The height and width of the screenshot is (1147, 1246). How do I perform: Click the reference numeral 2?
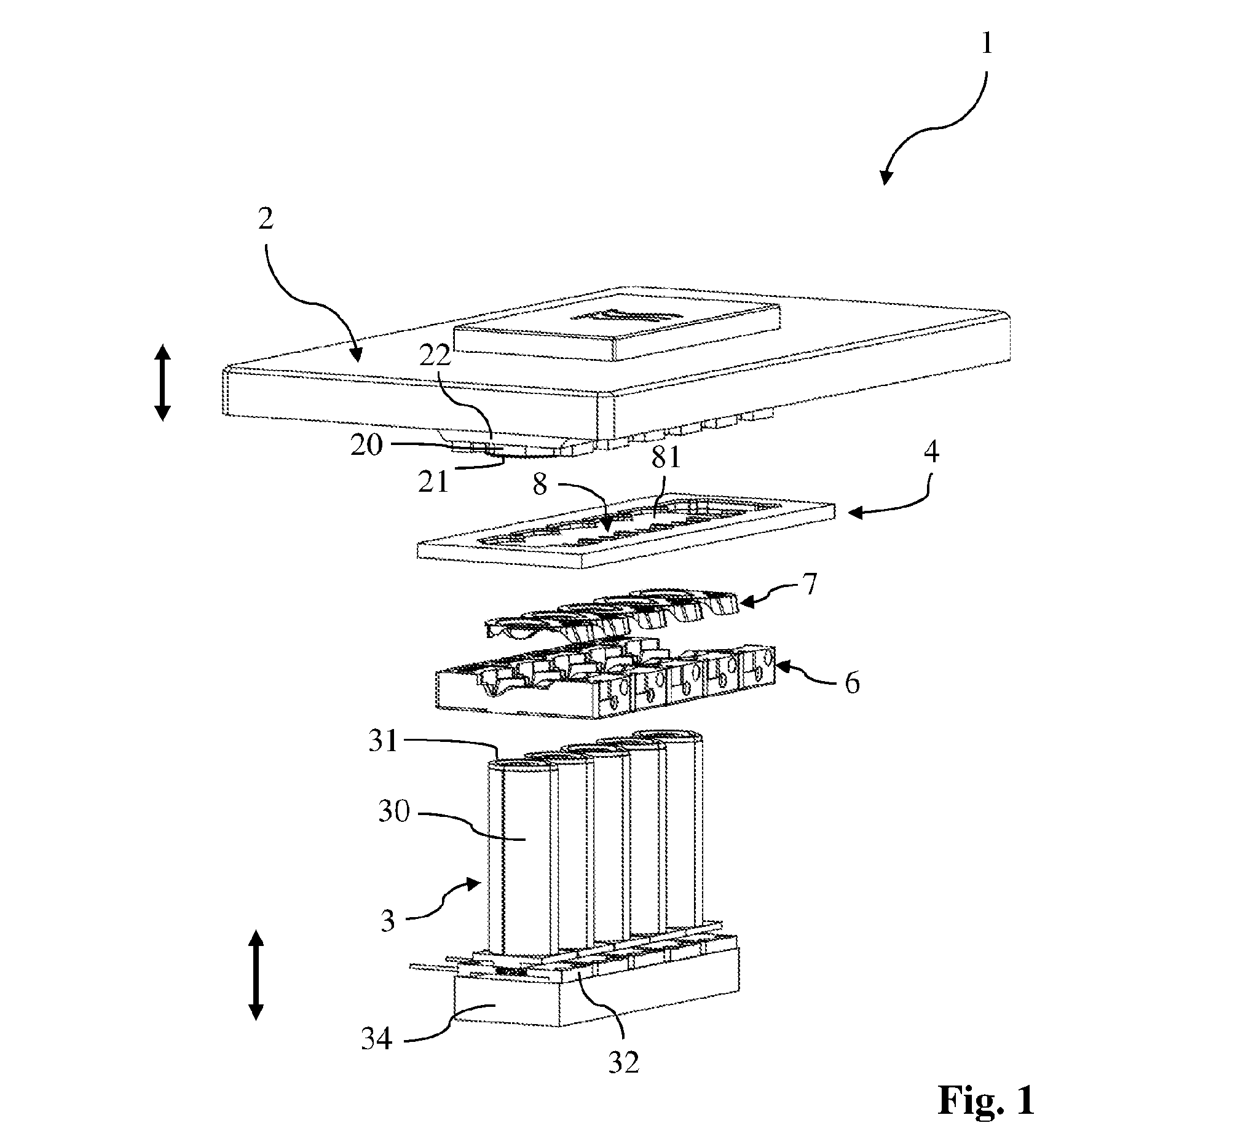pos(266,218)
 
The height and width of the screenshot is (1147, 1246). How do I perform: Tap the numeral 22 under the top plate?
pos(435,357)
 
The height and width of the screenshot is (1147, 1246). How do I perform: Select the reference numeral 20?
pos(366,445)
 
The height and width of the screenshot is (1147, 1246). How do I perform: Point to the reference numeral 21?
pos(433,481)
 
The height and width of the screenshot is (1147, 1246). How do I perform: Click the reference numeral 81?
pos(666,457)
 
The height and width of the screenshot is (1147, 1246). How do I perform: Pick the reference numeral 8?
pos(540,484)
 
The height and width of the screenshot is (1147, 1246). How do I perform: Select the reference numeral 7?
pos(810,584)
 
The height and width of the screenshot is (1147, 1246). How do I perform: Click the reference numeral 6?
pos(853,683)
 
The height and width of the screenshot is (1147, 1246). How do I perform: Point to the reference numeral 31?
pos(382,741)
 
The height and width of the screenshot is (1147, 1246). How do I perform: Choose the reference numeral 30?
pos(394,811)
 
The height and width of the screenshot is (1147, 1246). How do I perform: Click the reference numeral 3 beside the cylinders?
pos(388,920)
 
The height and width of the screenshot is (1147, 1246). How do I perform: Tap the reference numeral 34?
pos(377,1038)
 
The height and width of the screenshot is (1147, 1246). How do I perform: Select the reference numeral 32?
pos(623,1063)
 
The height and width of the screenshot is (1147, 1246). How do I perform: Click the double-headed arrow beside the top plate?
pos(163,383)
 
